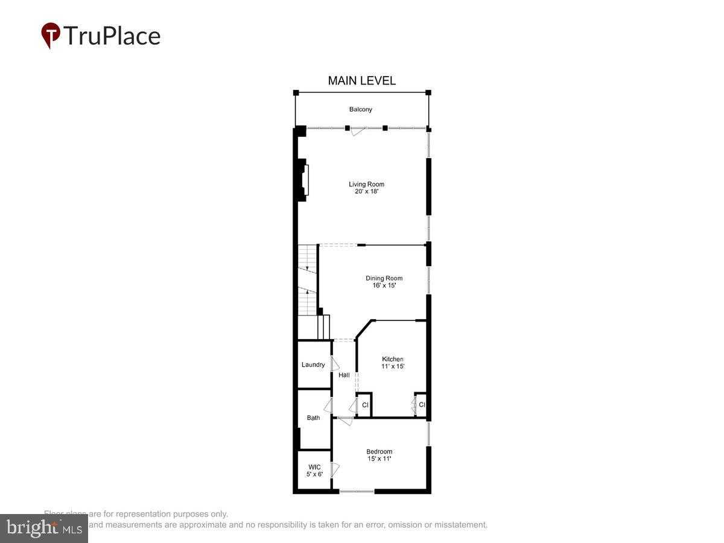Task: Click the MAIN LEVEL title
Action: [361, 80]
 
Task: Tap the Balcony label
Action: [361, 109]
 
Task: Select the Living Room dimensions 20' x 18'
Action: [366, 192]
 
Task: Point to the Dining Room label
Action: [384, 278]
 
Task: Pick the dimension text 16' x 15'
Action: [384, 286]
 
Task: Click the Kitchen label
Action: [392, 359]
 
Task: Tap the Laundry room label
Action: [313, 364]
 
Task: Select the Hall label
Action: [344, 375]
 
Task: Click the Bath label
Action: [313, 418]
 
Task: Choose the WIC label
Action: [314, 467]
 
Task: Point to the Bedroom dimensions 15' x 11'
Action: [379, 459]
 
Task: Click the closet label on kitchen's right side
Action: [422, 405]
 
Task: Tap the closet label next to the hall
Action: [365, 405]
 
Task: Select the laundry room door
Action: [335, 364]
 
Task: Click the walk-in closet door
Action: [335, 469]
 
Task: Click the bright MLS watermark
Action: [43, 528]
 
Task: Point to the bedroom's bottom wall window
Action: [357, 492]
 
